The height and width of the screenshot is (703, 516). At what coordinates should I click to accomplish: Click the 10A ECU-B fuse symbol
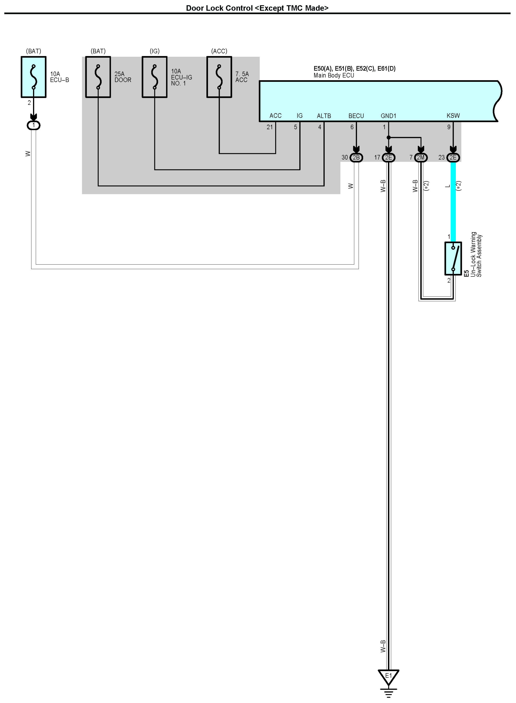pos(33,77)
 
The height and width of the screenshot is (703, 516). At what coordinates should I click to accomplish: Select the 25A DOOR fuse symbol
pos(98,77)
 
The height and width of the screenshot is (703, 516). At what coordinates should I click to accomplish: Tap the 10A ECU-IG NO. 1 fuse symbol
pos(155,77)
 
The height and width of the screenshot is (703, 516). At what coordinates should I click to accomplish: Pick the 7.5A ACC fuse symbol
pos(219,77)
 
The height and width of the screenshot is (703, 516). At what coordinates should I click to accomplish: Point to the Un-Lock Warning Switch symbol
pos(453,258)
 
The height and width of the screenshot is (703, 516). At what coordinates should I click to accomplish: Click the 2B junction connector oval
pos(356,157)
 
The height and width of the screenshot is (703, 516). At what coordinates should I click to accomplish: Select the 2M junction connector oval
pos(421,157)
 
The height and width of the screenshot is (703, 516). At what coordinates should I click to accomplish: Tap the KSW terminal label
pos(453,116)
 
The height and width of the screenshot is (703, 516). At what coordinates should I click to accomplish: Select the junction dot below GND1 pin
pos(389,138)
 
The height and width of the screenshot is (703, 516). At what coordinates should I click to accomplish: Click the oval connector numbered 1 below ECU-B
pos(33,126)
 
